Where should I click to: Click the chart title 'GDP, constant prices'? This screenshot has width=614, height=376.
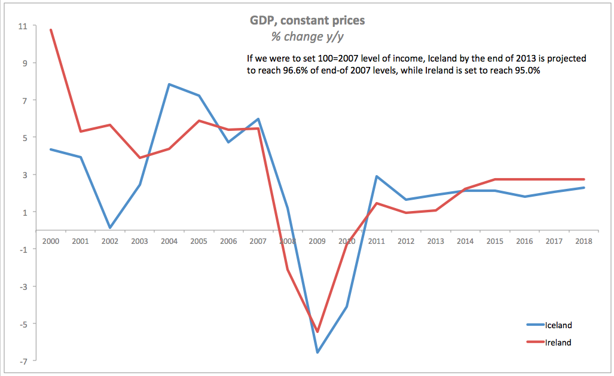(307, 20)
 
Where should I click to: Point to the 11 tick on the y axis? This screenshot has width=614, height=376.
(23, 26)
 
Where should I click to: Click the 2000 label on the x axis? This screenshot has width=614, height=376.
(51, 241)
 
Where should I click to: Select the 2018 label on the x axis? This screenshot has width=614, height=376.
(584, 241)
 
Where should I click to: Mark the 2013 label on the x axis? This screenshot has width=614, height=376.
(436, 241)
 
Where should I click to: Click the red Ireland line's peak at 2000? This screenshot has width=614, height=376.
(51, 29)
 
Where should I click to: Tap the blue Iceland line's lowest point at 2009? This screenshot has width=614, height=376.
(317, 352)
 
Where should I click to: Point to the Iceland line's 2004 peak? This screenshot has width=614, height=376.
(170, 84)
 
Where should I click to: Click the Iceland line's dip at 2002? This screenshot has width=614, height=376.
(111, 228)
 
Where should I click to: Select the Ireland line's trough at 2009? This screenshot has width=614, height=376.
(317, 332)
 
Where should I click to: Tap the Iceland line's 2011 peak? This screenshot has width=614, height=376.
(377, 176)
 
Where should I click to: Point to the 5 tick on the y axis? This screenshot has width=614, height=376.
(24, 137)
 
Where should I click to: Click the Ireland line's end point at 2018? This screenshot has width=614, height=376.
(584, 179)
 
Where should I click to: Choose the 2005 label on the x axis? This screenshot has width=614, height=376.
(199, 241)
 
